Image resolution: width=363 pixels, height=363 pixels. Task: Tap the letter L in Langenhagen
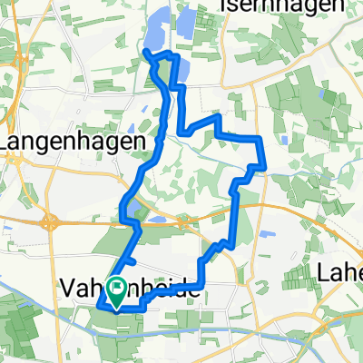pyautogui.click(x=6, y=142)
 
